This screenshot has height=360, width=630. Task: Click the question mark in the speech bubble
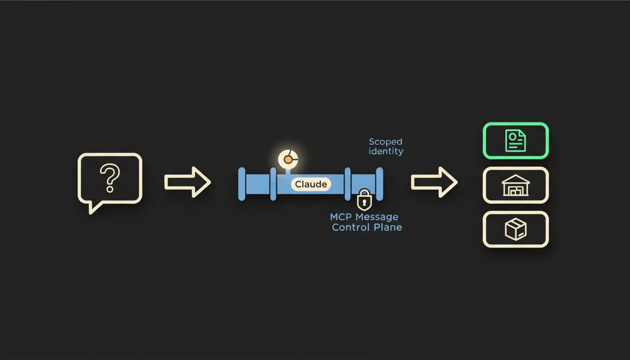pos(110,178)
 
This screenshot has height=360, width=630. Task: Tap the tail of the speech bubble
pos(94,208)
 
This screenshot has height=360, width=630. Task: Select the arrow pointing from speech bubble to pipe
pos(187,182)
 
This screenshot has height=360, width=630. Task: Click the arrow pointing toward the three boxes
pos(434,182)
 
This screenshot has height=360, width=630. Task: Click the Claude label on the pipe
pos(311,184)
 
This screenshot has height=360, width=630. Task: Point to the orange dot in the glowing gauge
pos(288,160)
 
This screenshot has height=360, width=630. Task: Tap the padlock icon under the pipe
pos(364,200)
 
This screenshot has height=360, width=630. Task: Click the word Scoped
pos(385,142)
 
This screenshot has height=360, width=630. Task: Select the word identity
pos(386,151)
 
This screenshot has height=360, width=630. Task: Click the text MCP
pos(341,217)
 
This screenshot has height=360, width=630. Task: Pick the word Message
pos(377,217)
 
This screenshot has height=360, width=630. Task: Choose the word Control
pos(351,227)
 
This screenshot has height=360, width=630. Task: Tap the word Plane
pos(388,227)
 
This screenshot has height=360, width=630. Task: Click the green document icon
pos(516,141)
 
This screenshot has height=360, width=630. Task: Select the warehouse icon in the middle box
pos(516,185)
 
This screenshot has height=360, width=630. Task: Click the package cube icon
pos(516,229)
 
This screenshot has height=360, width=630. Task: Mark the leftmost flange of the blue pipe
pos(241,184)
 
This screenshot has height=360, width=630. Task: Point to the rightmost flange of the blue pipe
pos(380,184)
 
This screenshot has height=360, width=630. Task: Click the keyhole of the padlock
pos(364,202)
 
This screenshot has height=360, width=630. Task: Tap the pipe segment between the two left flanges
pos(258,184)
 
